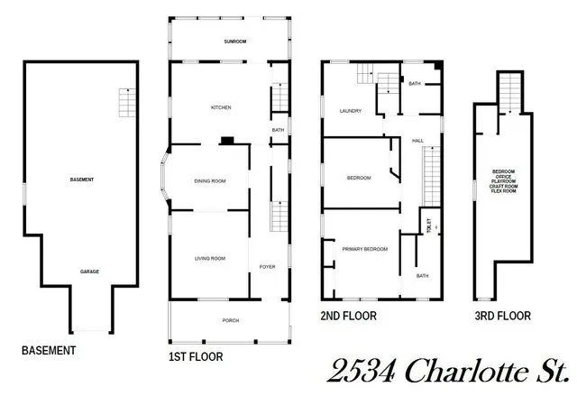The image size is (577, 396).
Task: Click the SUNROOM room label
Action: (234, 41)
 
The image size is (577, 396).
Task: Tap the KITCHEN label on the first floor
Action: (221, 107)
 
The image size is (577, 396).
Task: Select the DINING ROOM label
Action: (209, 181)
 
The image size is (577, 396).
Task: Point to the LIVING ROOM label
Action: (209, 259)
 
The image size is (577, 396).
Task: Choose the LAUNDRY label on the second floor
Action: (350, 111)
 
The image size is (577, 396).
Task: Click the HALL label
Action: (417, 140)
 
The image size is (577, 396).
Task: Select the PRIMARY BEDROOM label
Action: (364, 249)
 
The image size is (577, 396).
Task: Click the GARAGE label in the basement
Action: (89, 272)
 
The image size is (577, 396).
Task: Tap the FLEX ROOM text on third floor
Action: (504, 191)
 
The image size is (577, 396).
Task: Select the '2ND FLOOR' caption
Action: (349, 317)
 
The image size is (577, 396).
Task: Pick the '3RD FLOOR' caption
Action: (502, 317)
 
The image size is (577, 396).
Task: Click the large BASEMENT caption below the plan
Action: (49, 351)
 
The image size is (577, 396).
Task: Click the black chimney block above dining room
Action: (229, 141)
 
